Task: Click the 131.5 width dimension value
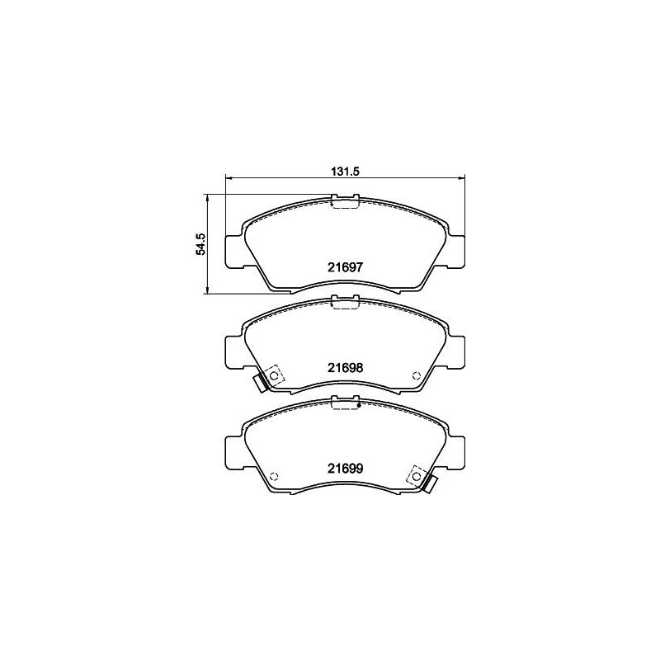click(345, 172)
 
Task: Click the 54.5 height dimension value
click(200, 243)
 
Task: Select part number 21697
click(345, 267)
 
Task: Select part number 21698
click(345, 368)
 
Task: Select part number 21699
click(345, 469)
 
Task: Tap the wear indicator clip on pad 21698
click(259, 384)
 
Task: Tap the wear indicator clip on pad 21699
click(431, 484)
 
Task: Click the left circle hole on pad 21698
click(274, 375)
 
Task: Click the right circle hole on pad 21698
click(417, 375)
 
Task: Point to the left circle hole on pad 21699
click(274, 476)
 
